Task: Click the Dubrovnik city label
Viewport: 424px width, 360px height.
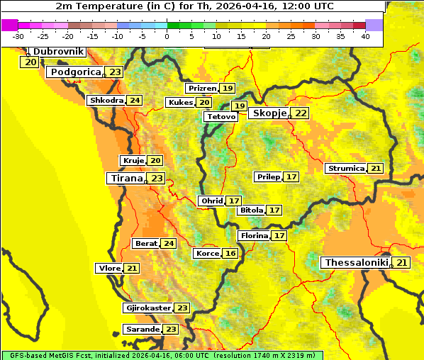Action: pos(57,52)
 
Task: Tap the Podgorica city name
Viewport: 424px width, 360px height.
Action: pos(74,72)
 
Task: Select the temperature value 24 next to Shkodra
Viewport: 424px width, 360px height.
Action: pos(135,101)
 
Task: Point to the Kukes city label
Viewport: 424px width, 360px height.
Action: pos(180,103)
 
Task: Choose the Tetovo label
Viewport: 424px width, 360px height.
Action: pos(221,116)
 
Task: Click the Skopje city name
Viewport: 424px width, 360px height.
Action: pos(269,113)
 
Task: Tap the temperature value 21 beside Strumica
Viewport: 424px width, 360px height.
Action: pos(376,169)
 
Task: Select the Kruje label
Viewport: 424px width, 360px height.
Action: pos(133,161)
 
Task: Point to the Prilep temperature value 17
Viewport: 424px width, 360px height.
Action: pos(291,176)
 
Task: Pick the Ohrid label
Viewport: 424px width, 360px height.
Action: pos(211,201)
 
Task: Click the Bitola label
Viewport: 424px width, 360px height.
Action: pos(251,210)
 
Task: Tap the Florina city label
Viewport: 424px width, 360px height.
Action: pos(254,235)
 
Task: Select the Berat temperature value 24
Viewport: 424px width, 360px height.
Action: pos(168,244)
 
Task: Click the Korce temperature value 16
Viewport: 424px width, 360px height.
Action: pos(230,254)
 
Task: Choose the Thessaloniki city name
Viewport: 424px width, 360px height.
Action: pos(356,263)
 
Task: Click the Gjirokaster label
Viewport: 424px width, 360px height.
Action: pos(147,308)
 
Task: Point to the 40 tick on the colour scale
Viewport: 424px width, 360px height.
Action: pos(365,36)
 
